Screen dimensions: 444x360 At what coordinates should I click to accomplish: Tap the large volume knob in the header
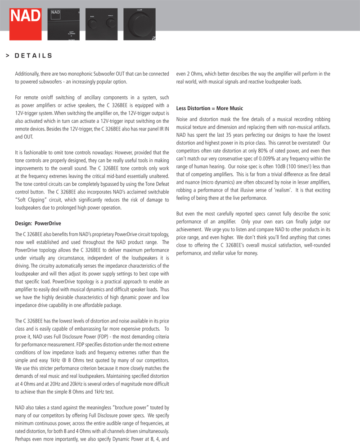point(139,22)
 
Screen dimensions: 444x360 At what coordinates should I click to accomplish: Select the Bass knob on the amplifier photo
point(93,23)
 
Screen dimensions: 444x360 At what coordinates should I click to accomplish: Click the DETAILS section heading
point(34,56)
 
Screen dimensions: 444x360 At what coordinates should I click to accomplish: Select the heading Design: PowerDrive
point(38,223)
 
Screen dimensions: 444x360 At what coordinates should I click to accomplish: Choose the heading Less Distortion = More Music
point(209,108)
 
